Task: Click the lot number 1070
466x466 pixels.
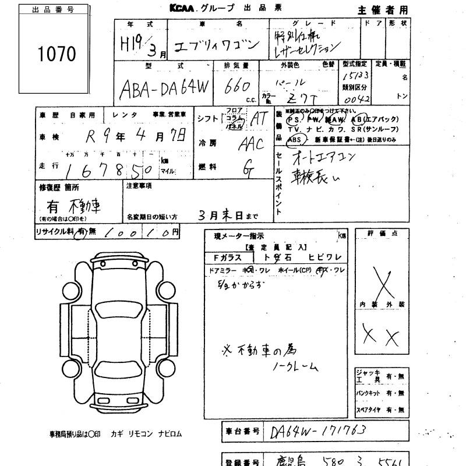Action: click(57, 55)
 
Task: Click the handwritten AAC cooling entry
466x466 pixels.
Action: click(251, 143)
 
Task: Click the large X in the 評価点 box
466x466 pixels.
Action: click(382, 283)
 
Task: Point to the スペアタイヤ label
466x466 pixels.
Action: click(370, 410)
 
